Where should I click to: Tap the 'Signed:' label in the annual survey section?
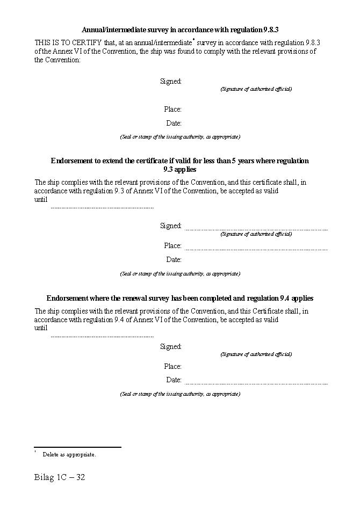pyautogui.click(x=171, y=82)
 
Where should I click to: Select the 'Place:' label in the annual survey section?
pyautogui.click(x=172, y=110)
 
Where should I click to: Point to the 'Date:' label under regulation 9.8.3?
pyautogui.click(x=174, y=123)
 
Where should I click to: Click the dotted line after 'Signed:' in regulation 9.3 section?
pyautogui.click(x=256, y=230)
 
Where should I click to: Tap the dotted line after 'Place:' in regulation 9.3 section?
pyautogui.click(x=256, y=250)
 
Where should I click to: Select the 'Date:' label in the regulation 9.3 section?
pyautogui.click(x=174, y=260)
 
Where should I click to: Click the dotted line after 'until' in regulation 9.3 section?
pyautogui.click(x=102, y=208)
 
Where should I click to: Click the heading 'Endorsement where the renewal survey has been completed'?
pyautogui.click(x=179, y=298)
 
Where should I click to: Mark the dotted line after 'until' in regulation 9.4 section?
pyautogui.click(x=102, y=337)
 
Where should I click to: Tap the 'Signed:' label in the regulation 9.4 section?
pyautogui.click(x=171, y=347)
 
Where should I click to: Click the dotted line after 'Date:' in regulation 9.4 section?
pyautogui.click(x=256, y=384)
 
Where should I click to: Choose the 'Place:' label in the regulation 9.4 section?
pyautogui.click(x=172, y=367)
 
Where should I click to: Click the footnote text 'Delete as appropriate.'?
pyautogui.click(x=69, y=455)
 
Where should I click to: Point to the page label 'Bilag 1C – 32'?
pyautogui.click(x=60, y=477)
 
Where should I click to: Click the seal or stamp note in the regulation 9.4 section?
pyautogui.click(x=179, y=394)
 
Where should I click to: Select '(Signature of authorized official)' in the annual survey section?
pyautogui.click(x=256, y=89)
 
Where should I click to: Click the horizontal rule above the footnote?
pyautogui.click(x=77, y=447)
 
